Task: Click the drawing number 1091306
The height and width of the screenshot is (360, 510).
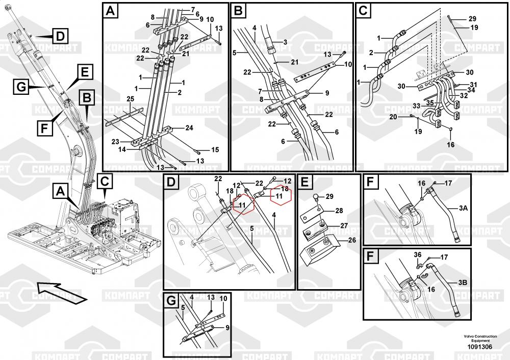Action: coord(479,347)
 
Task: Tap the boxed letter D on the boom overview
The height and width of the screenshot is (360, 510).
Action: coord(60,36)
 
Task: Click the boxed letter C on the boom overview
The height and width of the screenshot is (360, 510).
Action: coord(104,181)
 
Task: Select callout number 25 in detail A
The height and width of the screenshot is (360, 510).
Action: coord(130,98)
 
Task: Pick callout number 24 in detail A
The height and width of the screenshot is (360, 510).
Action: coord(189,127)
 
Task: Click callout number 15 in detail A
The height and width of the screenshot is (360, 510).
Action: coord(215,149)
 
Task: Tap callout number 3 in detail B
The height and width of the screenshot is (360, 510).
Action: coord(285,42)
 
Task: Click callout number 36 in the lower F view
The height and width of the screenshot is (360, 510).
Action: coord(417,255)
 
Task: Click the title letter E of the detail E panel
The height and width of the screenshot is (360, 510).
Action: coord(304,182)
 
